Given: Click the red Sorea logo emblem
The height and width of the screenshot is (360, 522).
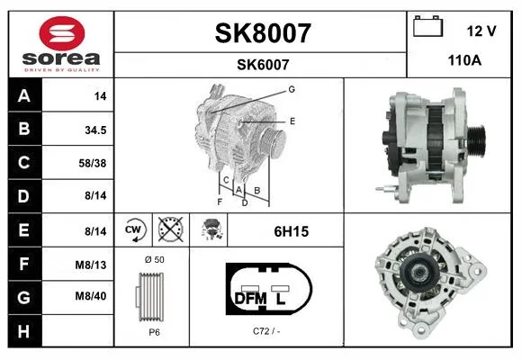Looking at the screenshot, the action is tap(62, 33).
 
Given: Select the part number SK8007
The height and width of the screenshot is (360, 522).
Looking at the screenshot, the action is tap(263, 33).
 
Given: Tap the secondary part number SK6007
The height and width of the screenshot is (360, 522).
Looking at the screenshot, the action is tap(263, 65).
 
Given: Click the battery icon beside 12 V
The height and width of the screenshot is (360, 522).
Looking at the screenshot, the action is tap(427, 26).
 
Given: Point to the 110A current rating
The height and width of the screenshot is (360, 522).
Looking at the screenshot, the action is tap(464, 60).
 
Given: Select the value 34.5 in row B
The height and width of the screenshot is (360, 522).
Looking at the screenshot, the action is tap(95, 130).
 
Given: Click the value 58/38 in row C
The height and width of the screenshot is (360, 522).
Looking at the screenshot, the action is tap(93, 163).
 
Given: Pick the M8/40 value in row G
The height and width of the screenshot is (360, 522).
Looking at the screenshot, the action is tap(91, 296).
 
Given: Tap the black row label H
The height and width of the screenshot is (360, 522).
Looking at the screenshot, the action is tap(24, 331).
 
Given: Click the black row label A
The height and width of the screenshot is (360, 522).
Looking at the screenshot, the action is tap(24, 96).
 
